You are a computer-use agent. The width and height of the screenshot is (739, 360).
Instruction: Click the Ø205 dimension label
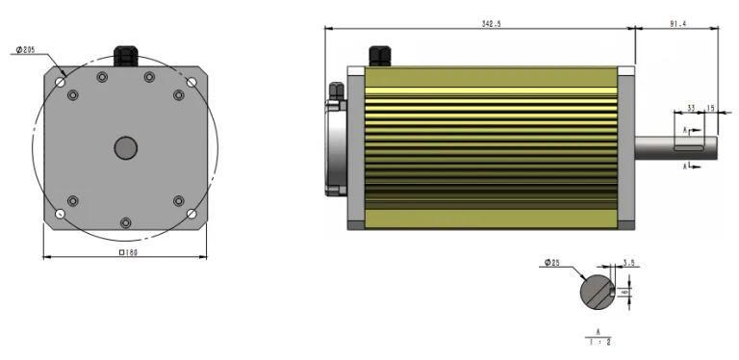[x=26, y=49]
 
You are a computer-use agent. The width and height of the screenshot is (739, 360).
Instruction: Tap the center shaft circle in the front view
[x=125, y=147]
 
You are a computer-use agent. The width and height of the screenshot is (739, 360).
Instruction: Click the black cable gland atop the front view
[x=125, y=54]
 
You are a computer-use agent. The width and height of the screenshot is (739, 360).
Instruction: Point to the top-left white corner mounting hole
[x=61, y=83]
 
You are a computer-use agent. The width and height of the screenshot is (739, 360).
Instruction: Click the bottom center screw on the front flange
[x=125, y=222]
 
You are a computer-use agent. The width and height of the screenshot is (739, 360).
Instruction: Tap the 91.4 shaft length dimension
[x=676, y=23]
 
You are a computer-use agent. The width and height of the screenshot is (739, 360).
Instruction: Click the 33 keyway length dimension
[x=691, y=108]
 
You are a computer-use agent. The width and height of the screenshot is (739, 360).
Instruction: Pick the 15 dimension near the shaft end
[x=710, y=108]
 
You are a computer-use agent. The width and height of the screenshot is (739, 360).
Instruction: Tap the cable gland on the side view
[x=377, y=55]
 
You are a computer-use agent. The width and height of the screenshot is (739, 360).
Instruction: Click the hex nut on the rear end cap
[x=336, y=91]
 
